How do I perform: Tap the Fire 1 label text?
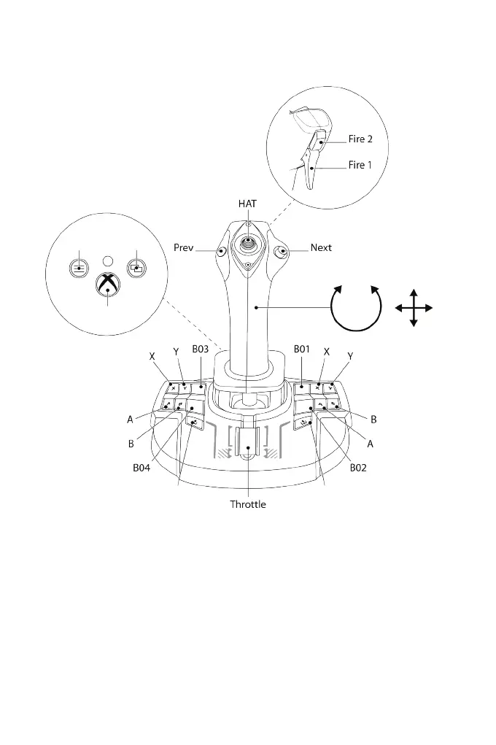[360, 166]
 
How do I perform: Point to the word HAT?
[248, 203]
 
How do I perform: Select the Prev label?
[183, 247]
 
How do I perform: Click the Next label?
[321, 247]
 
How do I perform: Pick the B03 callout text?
[201, 349]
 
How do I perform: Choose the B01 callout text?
[303, 349]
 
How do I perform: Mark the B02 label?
[357, 468]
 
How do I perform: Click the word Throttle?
[248, 504]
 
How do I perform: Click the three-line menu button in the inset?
[79, 267]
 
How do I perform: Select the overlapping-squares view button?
[135, 267]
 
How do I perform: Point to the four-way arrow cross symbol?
[414, 307]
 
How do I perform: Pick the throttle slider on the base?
[249, 450]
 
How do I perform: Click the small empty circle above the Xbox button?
[107, 259]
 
